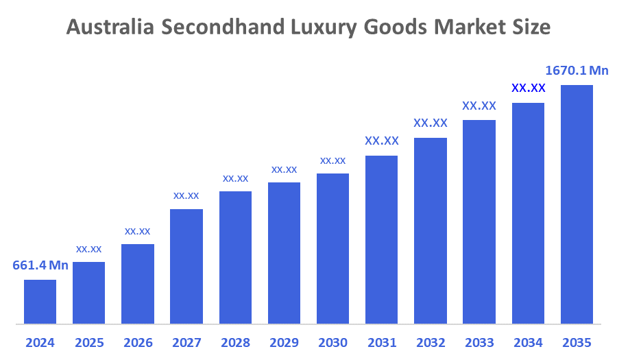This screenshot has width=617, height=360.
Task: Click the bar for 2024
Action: click(40, 301)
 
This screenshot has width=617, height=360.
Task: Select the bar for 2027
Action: click(186, 266)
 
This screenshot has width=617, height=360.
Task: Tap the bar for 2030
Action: click(332, 248)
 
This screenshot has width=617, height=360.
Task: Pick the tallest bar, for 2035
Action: click(577, 204)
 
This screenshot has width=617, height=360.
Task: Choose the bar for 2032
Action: click(431, 230)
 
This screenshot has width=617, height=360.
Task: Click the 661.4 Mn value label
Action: click(40, 265)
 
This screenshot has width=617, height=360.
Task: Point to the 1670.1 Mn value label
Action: click(577, 71)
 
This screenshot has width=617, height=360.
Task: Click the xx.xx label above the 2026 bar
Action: click(137, 231)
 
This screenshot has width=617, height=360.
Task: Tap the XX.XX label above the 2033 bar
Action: click(479, 106)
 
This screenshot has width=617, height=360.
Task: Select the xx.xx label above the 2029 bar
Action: click(284, 169)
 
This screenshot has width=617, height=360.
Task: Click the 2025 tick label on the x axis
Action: click(88, 342)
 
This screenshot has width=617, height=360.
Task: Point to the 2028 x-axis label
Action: click(235, 342)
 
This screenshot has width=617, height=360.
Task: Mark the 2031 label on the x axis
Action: click(382, 342)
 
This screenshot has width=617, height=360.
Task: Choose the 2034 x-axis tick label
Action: click(528, 342)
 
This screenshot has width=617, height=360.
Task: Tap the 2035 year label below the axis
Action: click(577, 342)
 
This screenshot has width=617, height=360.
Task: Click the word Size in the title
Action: click(531, 27)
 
